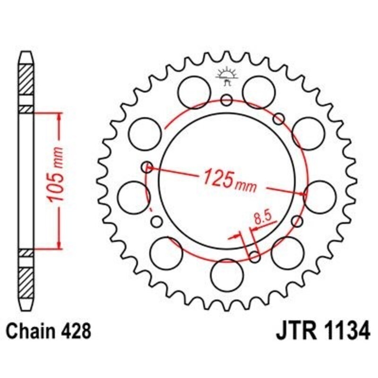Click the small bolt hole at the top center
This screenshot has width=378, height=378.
tap(226, 100)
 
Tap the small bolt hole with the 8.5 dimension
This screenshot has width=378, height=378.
tap(254, 257)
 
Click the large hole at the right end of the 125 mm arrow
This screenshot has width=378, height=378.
tap(320, 196)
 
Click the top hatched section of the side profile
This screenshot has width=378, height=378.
tap(26, 78)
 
